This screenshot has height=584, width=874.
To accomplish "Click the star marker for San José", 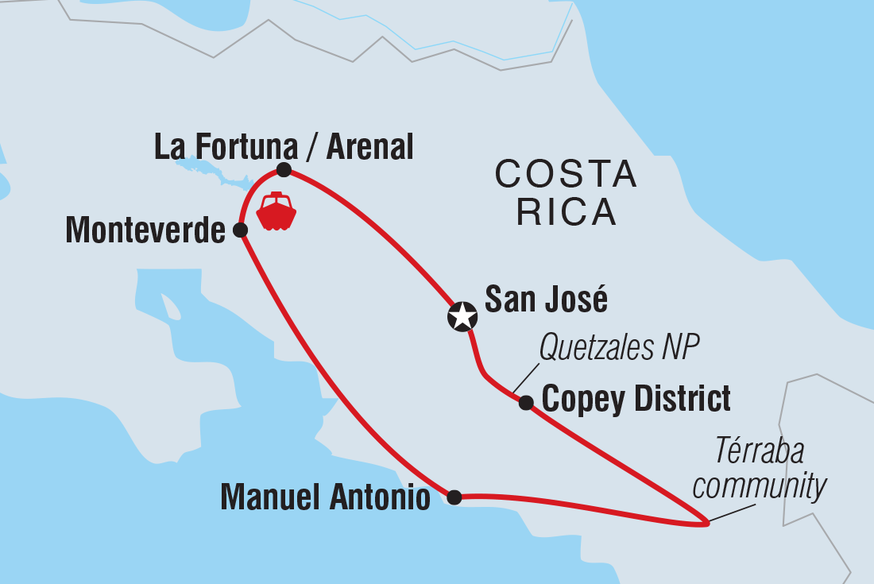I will pos(462,317).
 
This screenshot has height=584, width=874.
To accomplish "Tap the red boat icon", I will pos(276,211).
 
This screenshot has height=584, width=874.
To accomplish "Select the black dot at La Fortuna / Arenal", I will pos(283,170).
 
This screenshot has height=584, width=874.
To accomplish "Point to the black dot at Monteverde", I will pos(240,230).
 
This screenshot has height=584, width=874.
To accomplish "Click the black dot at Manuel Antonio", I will pos(454,497).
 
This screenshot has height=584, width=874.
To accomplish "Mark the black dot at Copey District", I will pos(525,403).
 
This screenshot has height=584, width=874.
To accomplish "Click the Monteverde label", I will pos(145,231).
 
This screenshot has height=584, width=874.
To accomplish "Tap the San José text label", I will pos(546,300).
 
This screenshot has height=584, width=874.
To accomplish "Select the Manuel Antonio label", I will pos(325,498).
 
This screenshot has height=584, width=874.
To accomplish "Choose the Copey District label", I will pos(636,399).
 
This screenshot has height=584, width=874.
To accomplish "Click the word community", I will pos(759,485).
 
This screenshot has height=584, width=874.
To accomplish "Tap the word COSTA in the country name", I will pos(566,175).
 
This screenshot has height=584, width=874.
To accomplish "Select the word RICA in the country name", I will pos(566,212).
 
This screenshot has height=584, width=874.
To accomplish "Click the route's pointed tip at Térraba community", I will pos(706,523).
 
